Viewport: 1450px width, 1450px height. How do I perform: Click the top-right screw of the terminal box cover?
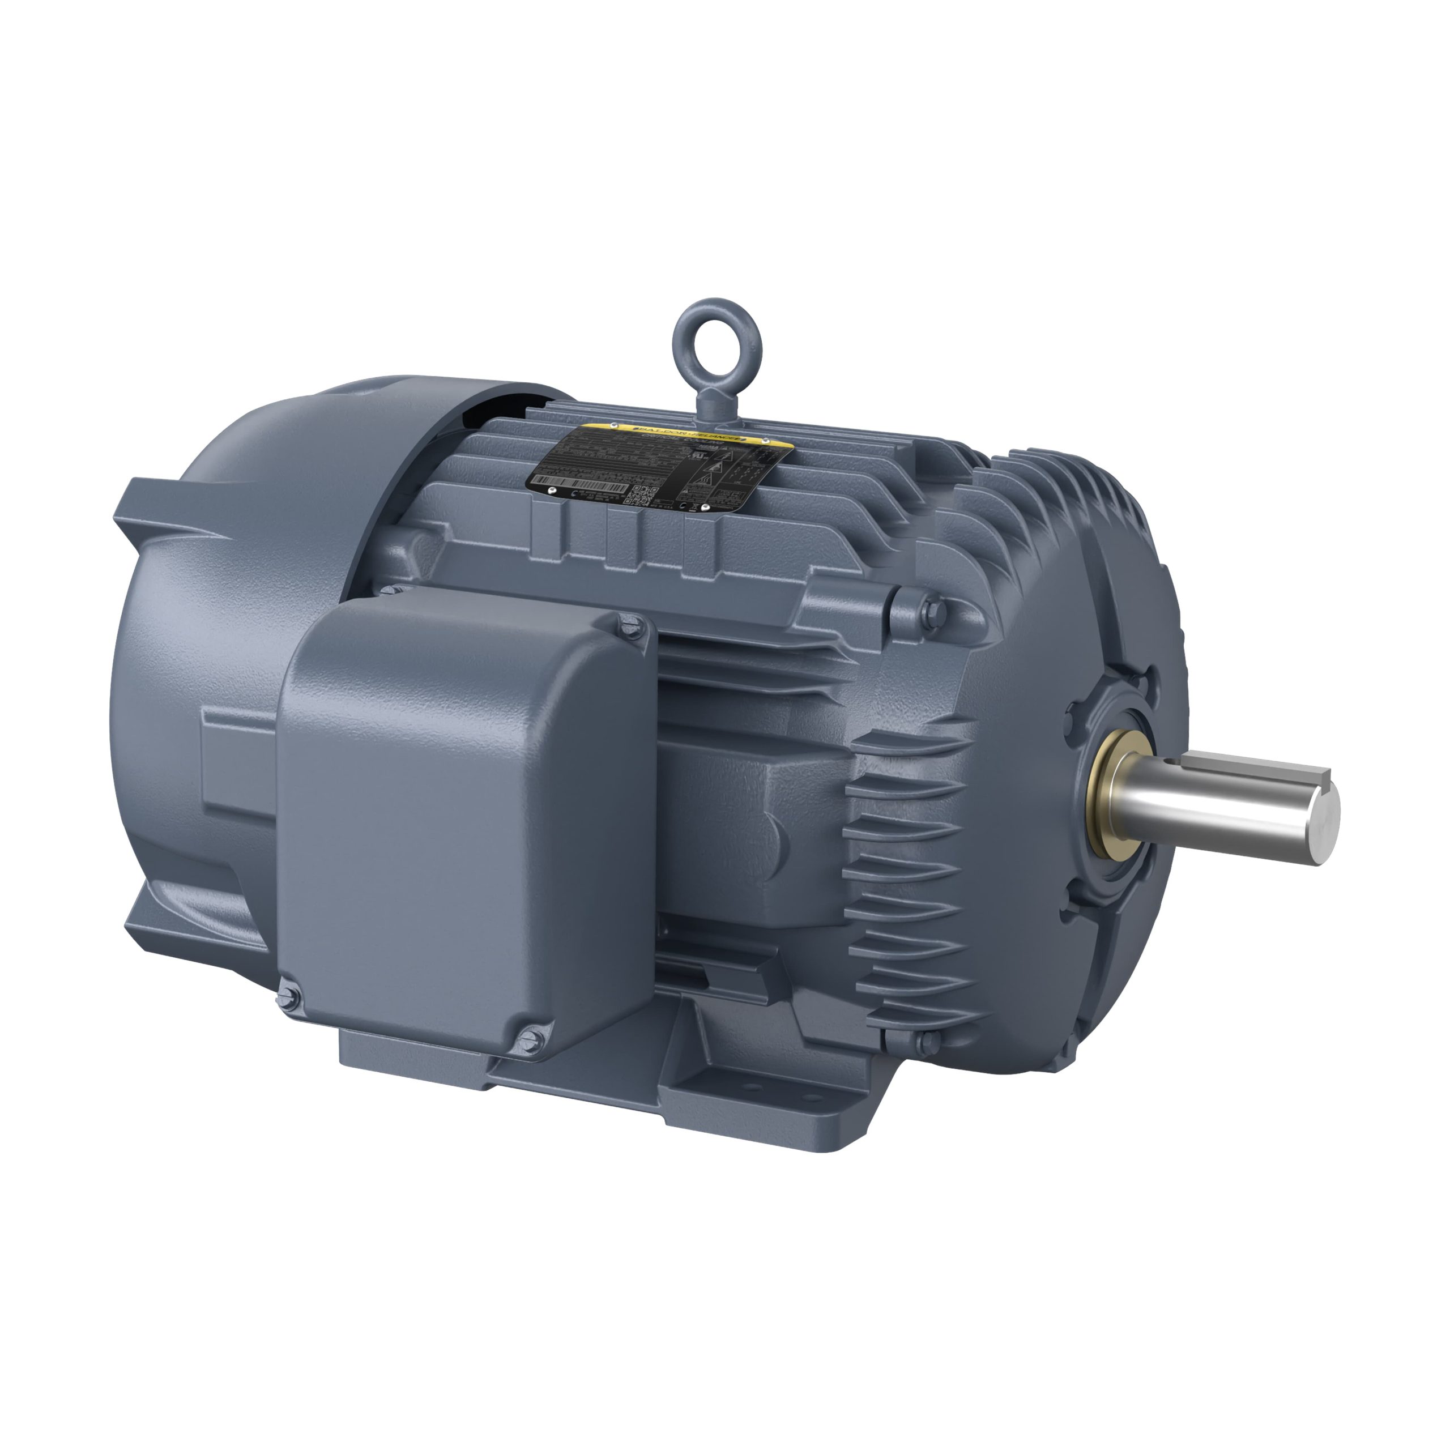[x=629, y=622]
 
